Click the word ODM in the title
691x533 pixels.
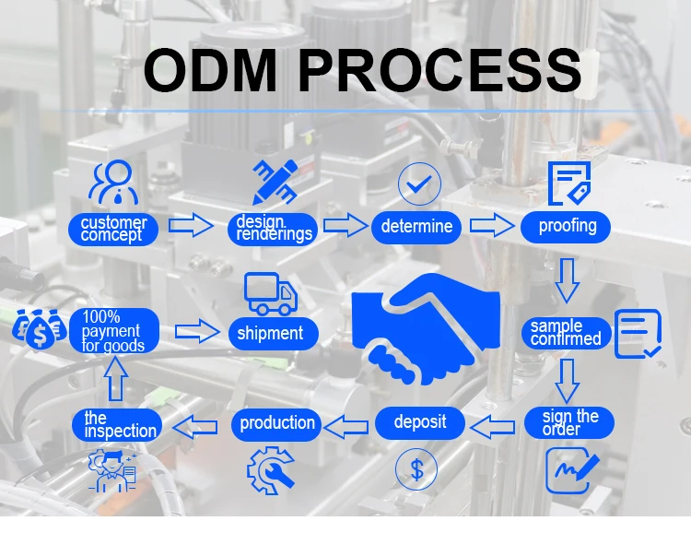point(210,70)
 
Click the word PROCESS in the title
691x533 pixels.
point(440,70)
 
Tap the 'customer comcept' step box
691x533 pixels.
point(113,228)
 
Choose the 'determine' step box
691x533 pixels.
point(416,227)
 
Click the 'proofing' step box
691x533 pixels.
point(567,226)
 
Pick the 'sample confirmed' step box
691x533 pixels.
point(565,332)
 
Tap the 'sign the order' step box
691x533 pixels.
point(569,422)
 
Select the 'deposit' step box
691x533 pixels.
point(419,422)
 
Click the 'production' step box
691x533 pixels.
point(276,423)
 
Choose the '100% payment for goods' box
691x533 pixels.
point(113,331)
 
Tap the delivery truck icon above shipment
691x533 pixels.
point(271,293)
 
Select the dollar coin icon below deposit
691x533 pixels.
point(417,470)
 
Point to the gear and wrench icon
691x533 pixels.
point(270,469)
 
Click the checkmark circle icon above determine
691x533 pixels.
point(418,184)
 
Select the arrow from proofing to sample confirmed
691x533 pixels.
point(567,279)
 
